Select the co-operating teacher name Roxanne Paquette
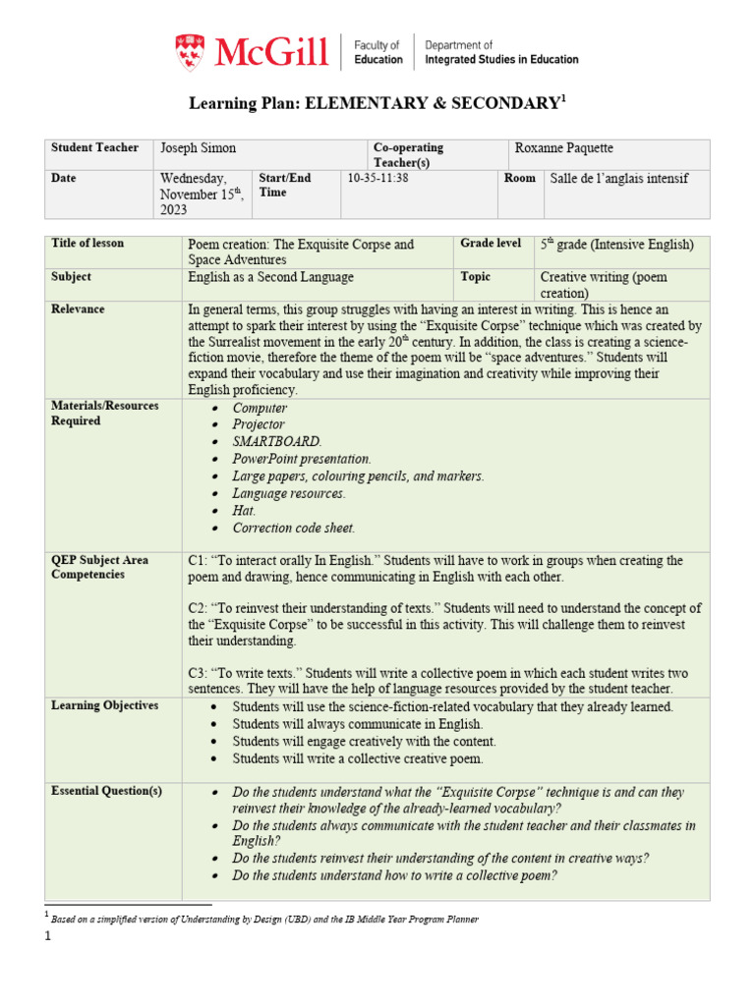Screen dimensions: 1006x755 click(563, 148)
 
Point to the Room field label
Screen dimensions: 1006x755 click(519, 179)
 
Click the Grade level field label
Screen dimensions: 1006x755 click(491, 243)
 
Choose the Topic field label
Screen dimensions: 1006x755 click(477, 277)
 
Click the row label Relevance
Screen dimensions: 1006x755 click(78, 309)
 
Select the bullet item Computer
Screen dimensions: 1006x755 click(260, 408)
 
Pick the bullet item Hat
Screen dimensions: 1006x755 click(245, 511)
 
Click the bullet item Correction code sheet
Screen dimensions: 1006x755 click(293, 528)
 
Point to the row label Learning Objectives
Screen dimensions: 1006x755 click(104, 706)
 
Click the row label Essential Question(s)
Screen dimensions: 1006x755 click(106, 791)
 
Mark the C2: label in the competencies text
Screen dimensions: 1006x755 click(200, 609)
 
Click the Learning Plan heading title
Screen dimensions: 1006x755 click(377, 103)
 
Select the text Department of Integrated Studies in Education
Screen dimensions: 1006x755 click(501, 52)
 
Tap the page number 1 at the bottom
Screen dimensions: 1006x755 click(46, 936)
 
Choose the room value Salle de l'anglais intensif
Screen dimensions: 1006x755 click(619, 179)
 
